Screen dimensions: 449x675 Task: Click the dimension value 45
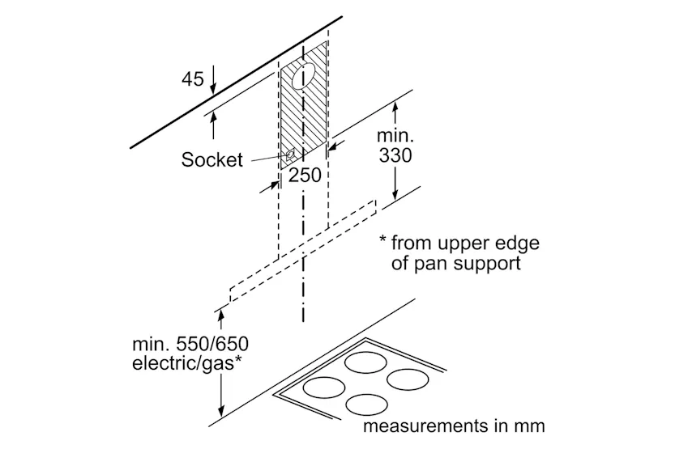192,79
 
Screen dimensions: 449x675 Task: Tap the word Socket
211,159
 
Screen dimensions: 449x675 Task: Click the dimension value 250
305,175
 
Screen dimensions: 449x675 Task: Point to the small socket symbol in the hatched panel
289,154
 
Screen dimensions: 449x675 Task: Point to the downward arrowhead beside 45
213,89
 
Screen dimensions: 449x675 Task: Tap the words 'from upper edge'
464,243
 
